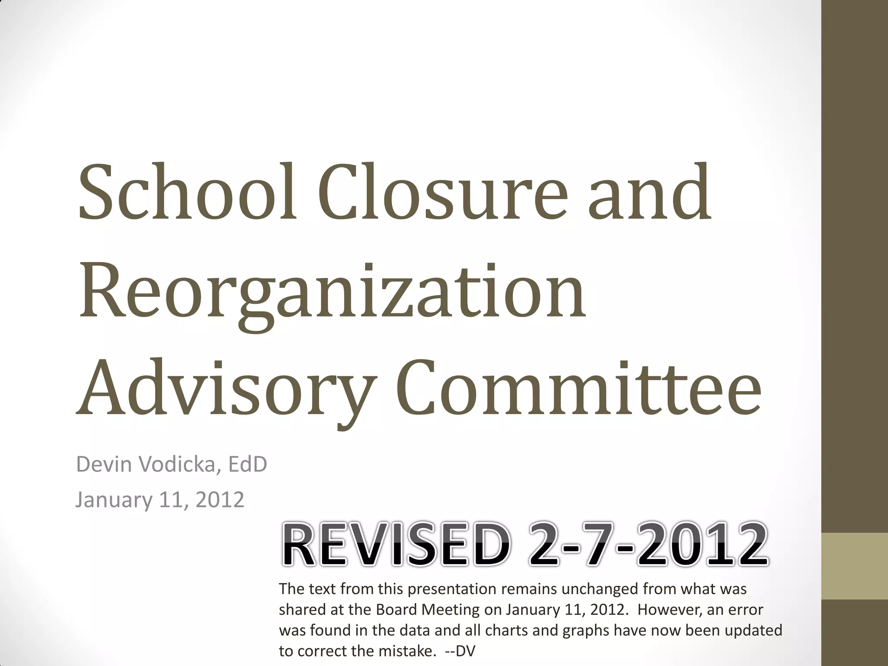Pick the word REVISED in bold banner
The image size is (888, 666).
pos(395,545)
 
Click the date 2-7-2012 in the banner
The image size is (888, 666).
pos(648,545)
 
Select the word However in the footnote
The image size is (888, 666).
pos(668,609)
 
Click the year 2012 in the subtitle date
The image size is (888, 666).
pos(220,500)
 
